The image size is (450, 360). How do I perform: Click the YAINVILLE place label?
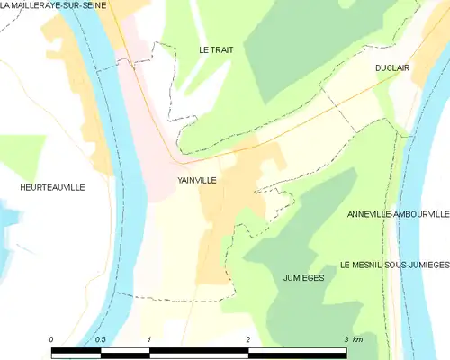(196, 180)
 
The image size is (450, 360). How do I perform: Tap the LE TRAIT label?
(216, 50)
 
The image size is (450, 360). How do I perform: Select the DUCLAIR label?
(393, 67)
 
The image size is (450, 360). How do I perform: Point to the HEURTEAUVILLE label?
(51, 187)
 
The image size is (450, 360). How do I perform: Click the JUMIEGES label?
(303, 278)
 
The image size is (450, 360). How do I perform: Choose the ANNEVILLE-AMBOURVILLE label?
(397, 215)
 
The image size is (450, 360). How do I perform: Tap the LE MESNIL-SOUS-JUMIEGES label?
(394, 265)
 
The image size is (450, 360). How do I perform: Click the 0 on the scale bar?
(52, 338)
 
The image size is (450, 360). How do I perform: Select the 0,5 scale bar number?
(101, 338)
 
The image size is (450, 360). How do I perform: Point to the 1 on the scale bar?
(148, 338)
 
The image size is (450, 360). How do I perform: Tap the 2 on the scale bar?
(247, 338)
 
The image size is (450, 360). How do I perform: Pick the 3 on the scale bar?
(345, 338)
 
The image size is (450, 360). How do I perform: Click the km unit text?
(358, 338)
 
